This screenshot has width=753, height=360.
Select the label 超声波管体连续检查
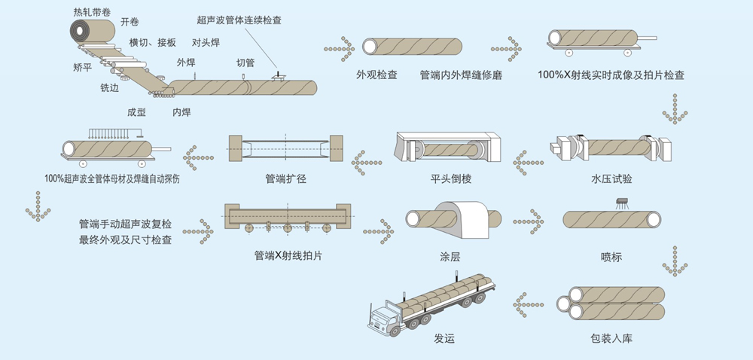click(239, 21)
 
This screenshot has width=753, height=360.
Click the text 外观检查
click(377, 75)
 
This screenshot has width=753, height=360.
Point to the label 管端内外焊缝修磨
click(460, 75)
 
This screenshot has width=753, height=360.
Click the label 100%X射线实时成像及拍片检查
click(611, 75)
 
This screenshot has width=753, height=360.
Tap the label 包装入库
click(611, 338)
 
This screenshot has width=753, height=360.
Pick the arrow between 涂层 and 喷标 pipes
click(528, 223)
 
